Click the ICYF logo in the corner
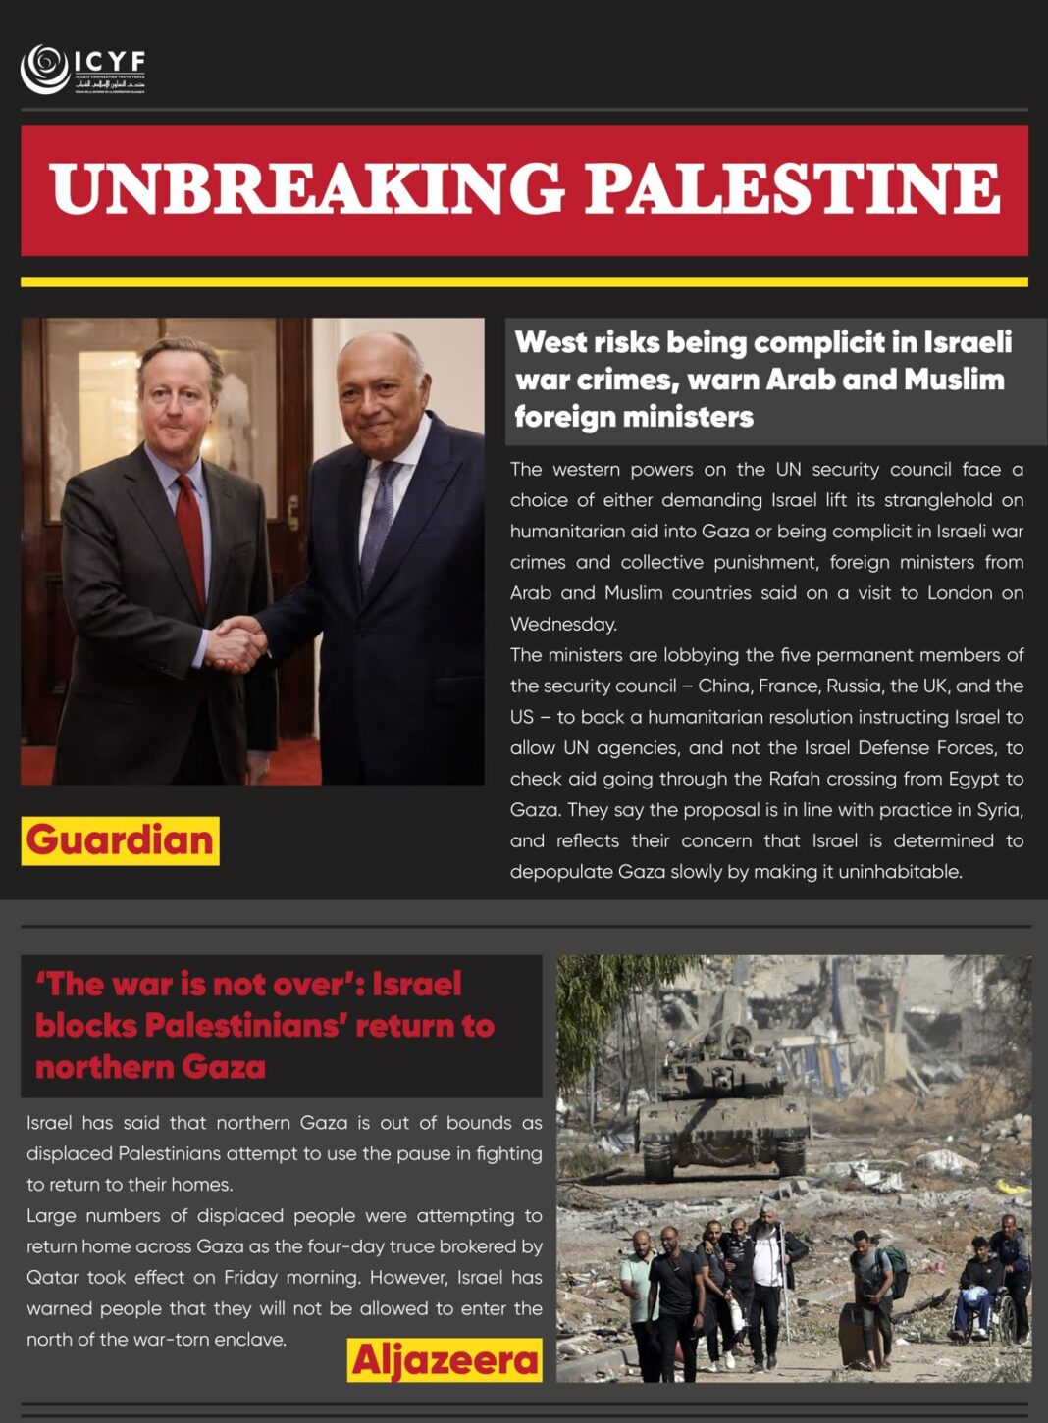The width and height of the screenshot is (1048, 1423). click(x=83, y=69)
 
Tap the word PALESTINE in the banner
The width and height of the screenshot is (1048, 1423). click(x=793, y=188)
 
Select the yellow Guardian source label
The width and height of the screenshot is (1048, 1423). click(x=120, y=840)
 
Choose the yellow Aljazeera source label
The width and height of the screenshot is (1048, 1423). click(x=445, y=1360)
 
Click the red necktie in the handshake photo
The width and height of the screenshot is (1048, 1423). click(x=190, y=539)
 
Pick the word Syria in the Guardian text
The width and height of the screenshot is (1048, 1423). click(x=1000, y=810)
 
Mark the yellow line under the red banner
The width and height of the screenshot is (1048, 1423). click(x=524, y=282)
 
